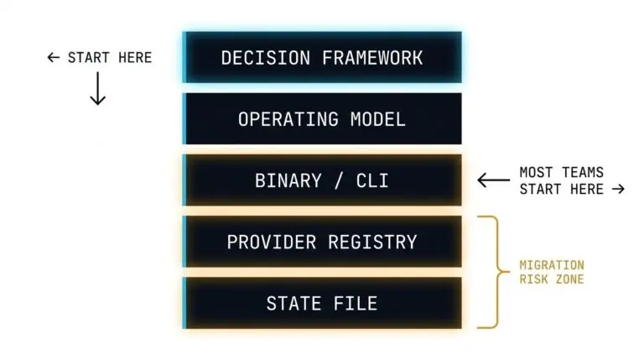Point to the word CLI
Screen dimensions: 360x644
click(371, 180)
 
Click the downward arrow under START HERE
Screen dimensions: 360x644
click(97, 88)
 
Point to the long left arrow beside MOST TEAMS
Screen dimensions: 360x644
click(493, 180)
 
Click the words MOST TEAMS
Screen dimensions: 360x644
click(561, 172)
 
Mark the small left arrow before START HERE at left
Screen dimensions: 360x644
click(54, 58)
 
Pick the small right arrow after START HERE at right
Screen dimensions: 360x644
click(619, 189)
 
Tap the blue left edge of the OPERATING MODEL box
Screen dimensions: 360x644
click(184, 119)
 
